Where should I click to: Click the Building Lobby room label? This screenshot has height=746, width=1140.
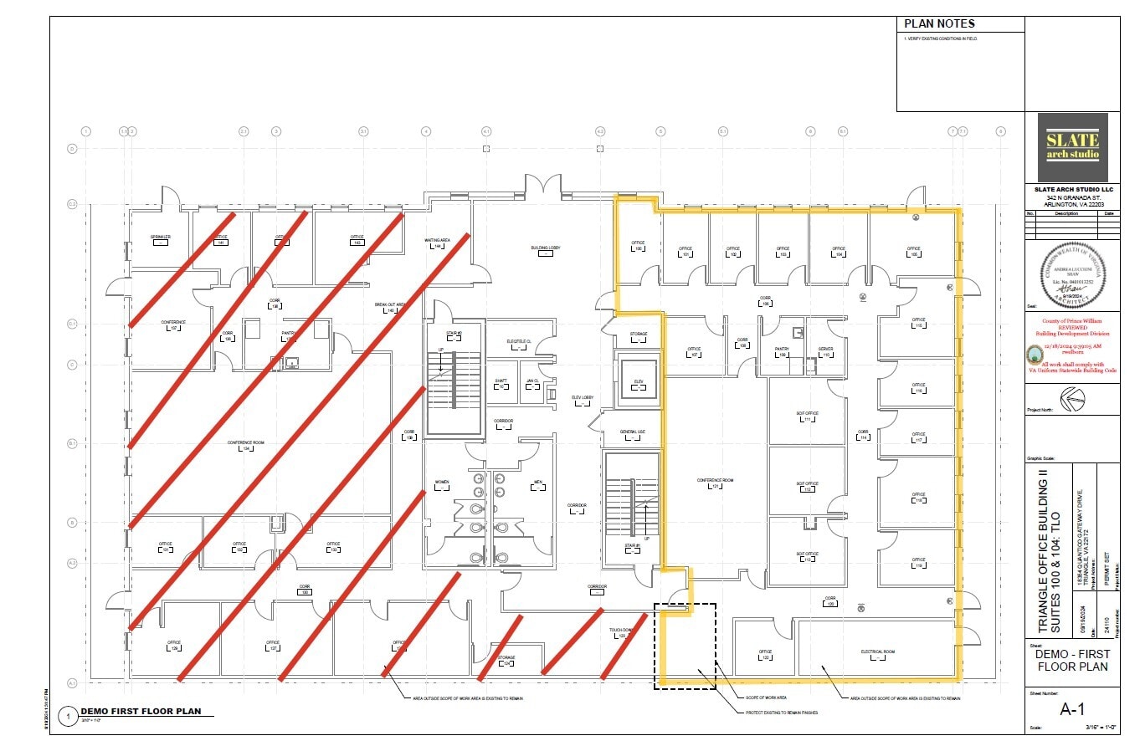tap(545, 248)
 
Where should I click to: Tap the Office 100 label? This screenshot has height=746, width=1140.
tap(638, 248)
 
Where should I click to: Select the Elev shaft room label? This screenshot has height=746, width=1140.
tap(638, 382)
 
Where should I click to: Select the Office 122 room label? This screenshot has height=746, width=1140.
tap(764, 652)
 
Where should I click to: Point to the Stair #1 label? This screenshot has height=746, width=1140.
tap(632, 546)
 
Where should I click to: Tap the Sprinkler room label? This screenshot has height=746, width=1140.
tap(161, 238)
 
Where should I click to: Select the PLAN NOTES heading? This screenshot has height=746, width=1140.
tap(939, 23)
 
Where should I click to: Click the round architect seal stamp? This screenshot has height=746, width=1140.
tap(1072, 277)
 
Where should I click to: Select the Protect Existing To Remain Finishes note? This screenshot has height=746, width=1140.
tap(781, 713)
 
